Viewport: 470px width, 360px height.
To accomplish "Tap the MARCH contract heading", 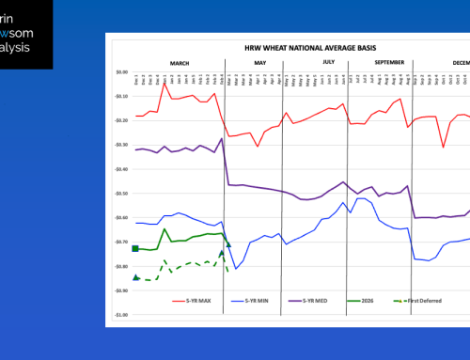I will point(179,62).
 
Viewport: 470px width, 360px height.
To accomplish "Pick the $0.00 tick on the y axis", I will point(120,72).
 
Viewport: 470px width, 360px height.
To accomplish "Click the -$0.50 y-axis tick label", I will point(119,194).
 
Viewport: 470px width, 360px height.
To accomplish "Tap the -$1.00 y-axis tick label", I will point(119,315).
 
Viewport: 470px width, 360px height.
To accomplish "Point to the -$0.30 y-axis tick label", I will point(119,145).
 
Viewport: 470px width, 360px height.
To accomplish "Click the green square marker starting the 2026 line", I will point(135,249).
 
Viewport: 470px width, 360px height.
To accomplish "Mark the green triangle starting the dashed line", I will point(136,277).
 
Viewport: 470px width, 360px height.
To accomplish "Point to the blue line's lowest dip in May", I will point(236,269).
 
